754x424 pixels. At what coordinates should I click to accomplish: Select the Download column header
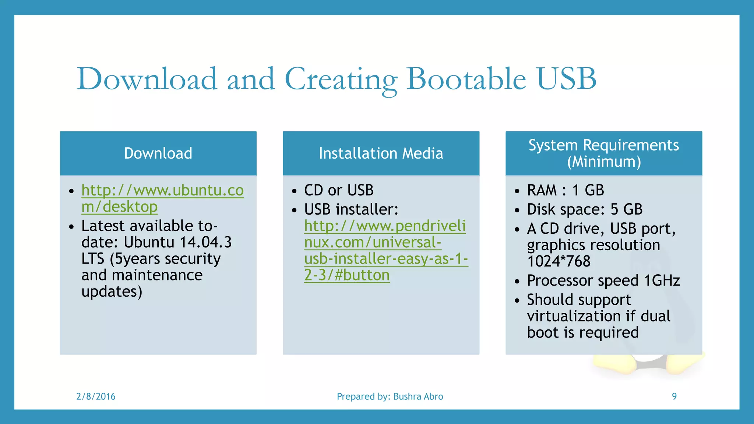click(158, 153)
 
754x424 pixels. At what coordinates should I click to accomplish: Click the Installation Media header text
click(381, 153)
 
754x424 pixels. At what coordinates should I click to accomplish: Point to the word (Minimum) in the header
click(604, 162)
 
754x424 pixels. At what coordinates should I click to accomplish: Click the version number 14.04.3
click(205, 242)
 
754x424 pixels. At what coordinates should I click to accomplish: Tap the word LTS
click(93, 259)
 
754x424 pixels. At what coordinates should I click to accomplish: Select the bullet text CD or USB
click(339, 190)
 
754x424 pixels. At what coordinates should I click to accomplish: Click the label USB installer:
click(351, 209)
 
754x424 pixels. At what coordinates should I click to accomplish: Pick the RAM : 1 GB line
click(565, 190)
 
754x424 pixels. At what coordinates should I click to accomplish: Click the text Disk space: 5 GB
click(584, 209)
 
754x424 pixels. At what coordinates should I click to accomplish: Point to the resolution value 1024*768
click(559, 261)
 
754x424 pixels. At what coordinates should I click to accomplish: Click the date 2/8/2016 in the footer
click(96, 396)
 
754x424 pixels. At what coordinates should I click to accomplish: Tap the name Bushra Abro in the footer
click(418, 396)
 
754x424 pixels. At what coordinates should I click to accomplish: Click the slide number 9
click(674, 396)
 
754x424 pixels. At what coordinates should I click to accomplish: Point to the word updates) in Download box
click(112, 291)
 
